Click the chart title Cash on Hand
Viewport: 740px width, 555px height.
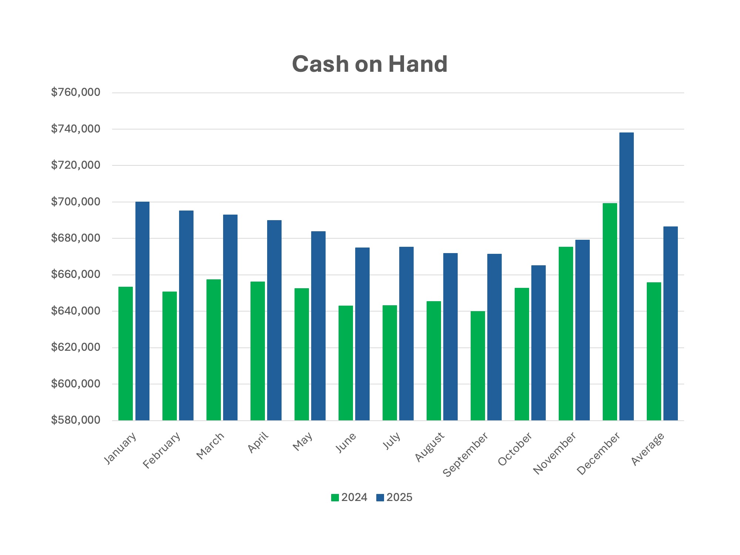point(370,64)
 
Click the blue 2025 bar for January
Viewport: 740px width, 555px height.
point(142,311)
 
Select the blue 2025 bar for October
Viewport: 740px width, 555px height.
point(538,343)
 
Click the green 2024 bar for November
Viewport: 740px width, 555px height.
point(566,333)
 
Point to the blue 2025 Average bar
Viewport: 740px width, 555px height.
point(670,323)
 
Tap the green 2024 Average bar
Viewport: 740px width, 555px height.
point(654,351)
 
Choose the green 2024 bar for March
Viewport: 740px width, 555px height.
point(213,350)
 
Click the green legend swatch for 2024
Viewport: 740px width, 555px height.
point(335,498)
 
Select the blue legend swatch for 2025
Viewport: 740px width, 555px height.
point(380,498)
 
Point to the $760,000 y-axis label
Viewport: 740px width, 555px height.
point(75,92)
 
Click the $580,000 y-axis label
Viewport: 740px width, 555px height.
point(75,420)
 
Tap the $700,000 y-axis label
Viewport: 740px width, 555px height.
point(75,202)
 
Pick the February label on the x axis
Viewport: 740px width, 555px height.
point(162,450)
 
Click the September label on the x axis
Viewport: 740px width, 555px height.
point(465,454)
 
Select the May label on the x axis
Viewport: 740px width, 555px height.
point(303,442)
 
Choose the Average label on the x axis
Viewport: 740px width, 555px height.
point(648,448)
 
